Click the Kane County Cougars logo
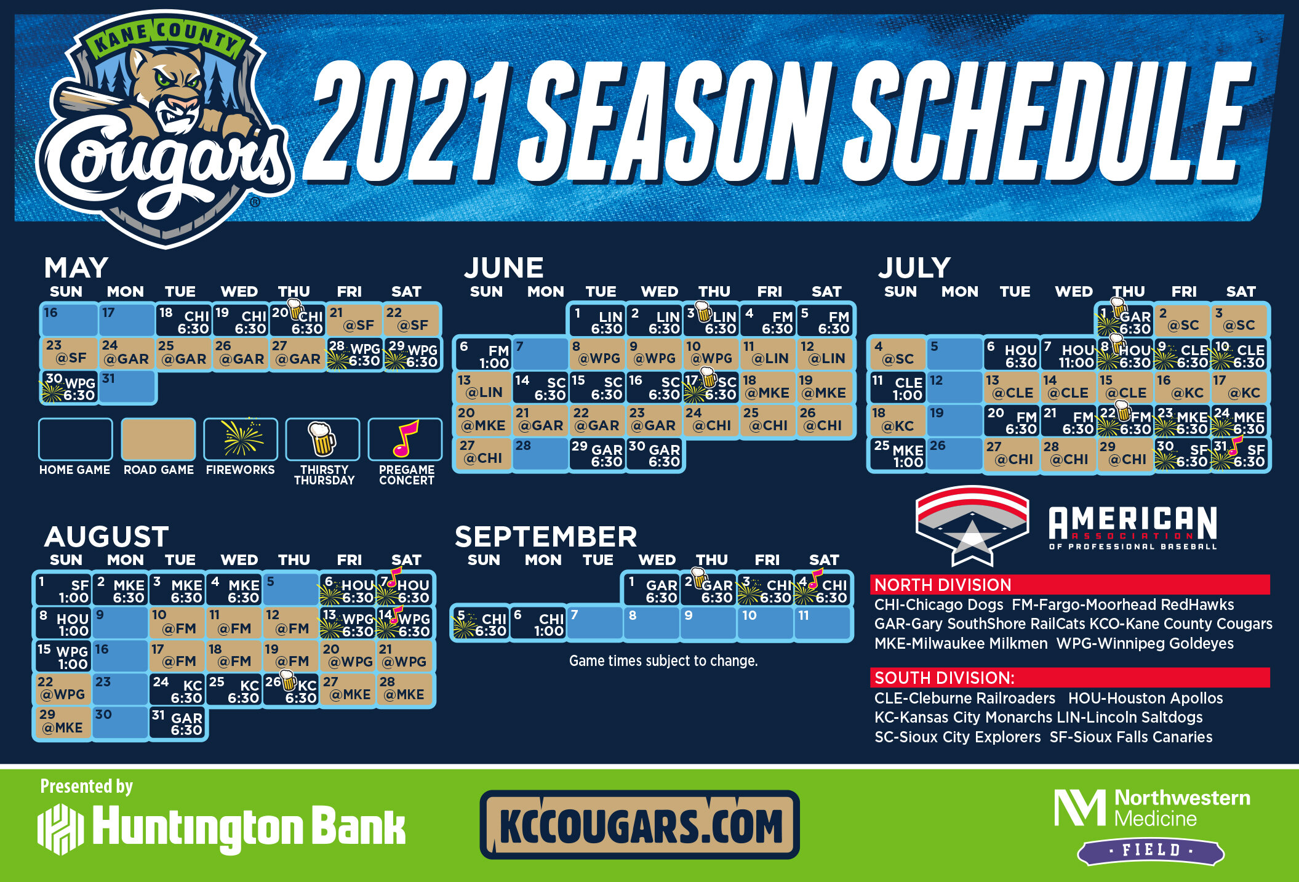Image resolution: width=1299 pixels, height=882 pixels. point(165,129)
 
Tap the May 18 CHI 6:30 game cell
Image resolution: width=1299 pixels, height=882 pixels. point(184,320)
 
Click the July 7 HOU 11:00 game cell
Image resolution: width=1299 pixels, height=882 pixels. point(1069,354)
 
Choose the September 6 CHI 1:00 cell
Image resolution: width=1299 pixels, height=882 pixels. point(538,623)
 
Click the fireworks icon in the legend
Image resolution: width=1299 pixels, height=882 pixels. point(241,439)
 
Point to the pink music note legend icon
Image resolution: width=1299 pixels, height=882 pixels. point(405,439)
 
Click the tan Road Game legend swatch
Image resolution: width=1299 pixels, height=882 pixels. point(159,439)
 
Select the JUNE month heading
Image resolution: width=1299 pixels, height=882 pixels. point(504,268)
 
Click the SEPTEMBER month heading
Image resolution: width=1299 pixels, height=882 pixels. point(546,537)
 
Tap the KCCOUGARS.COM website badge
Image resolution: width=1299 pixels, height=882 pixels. point(640,825)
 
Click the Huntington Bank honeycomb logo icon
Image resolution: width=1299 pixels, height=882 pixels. point(60,829)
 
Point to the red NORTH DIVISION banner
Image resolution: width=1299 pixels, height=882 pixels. point(1070,585)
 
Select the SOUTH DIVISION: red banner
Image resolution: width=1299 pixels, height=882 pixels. point(1070,678)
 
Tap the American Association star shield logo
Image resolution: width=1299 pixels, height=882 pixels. point(972,525)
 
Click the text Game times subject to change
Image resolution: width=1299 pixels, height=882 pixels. point(663,661)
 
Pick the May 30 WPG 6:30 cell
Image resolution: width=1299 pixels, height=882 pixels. point(70,387)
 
